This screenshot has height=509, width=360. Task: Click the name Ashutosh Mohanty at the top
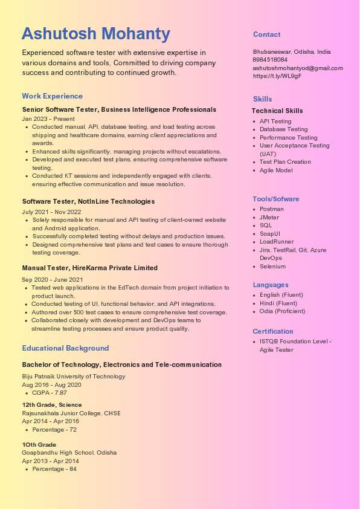pyautogui.click(x=96, y=34)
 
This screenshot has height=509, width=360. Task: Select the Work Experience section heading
pyautogui.click(x=52, y=96)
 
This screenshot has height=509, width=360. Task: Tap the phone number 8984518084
pyautogui.click(x=270, y=60)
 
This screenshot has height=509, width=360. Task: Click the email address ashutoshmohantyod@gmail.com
pyautogui.click(x=298, y=68)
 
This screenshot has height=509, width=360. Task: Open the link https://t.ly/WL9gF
pyautogui.click(x=277, y=76)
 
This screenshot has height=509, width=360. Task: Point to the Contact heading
pyautogui.click(x=266, y=34)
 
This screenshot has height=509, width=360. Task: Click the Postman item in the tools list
pyautogui.click(x=271, y=209)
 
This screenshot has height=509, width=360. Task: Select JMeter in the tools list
pyautogui.click(x=269, y=217)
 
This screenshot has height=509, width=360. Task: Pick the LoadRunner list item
pyautogui.click(x=276, y=242)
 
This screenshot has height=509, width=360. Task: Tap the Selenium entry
pyautogui.click(x=272, y=267)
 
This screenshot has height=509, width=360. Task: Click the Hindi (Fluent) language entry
pyautogui.click(x=278, y=303)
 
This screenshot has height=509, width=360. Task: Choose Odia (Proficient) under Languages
pyautogui.click(x=282, y=311)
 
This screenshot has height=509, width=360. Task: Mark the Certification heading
pyautogui.click(x=272, y=331)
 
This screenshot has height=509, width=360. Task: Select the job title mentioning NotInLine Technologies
pyautogui.click(x=88, y=201)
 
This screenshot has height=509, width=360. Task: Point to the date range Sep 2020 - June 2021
pyautogui.click(x=53, y=280)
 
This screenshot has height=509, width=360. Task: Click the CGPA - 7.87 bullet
pyautogui.click(x=49, y=393)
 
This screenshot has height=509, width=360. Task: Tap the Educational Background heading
pyautogui.click(x=65, y=348)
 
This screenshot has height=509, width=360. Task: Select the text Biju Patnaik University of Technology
pyautogui.click(x=74, y=377)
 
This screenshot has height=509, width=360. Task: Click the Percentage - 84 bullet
pyautogui.click(x=54, y=469)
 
